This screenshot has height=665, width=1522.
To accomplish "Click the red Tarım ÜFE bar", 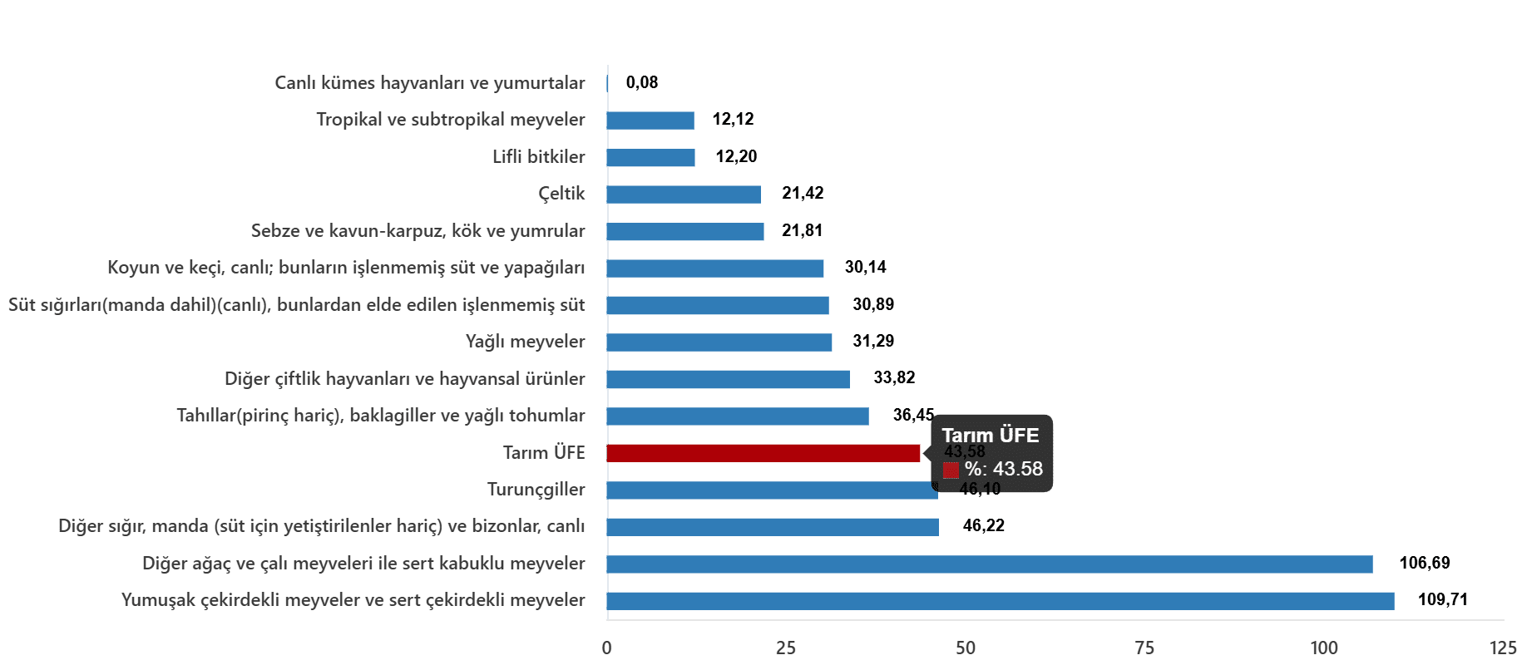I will coord(763,453).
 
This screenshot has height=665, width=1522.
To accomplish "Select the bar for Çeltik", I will coord(684,195).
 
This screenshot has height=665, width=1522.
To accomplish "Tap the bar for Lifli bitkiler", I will coord(650,158).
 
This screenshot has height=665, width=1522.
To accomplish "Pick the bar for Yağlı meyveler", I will coord(719,342).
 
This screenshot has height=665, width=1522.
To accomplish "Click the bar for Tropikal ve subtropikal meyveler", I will coord(650,121).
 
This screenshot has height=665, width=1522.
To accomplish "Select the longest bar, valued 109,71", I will coord(1001,601).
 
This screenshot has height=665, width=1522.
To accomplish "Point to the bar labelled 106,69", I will coord(990,564).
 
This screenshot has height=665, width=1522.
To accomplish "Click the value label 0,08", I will coord(641,82).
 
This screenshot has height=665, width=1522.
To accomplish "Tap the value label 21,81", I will coord(802,230).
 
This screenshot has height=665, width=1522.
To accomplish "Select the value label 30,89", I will coord(873,304).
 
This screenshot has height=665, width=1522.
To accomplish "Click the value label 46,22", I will coord(983,525).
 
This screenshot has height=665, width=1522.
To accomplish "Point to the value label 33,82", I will coord(894,377).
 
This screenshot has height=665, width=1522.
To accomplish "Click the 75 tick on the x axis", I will coord(1144,648).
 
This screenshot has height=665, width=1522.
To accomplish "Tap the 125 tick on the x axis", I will coord(1503,648).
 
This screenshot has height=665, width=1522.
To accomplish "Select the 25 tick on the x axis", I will coord(786,648).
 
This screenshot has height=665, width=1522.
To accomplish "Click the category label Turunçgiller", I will coord(536,490).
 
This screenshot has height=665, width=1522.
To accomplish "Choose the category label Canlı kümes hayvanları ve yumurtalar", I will coord(429,83).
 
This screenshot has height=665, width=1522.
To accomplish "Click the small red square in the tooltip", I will coord(951,470).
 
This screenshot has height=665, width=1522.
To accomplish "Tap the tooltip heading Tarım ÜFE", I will coord(990,436).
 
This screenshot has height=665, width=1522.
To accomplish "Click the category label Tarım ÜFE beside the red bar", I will coord(544,453).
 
